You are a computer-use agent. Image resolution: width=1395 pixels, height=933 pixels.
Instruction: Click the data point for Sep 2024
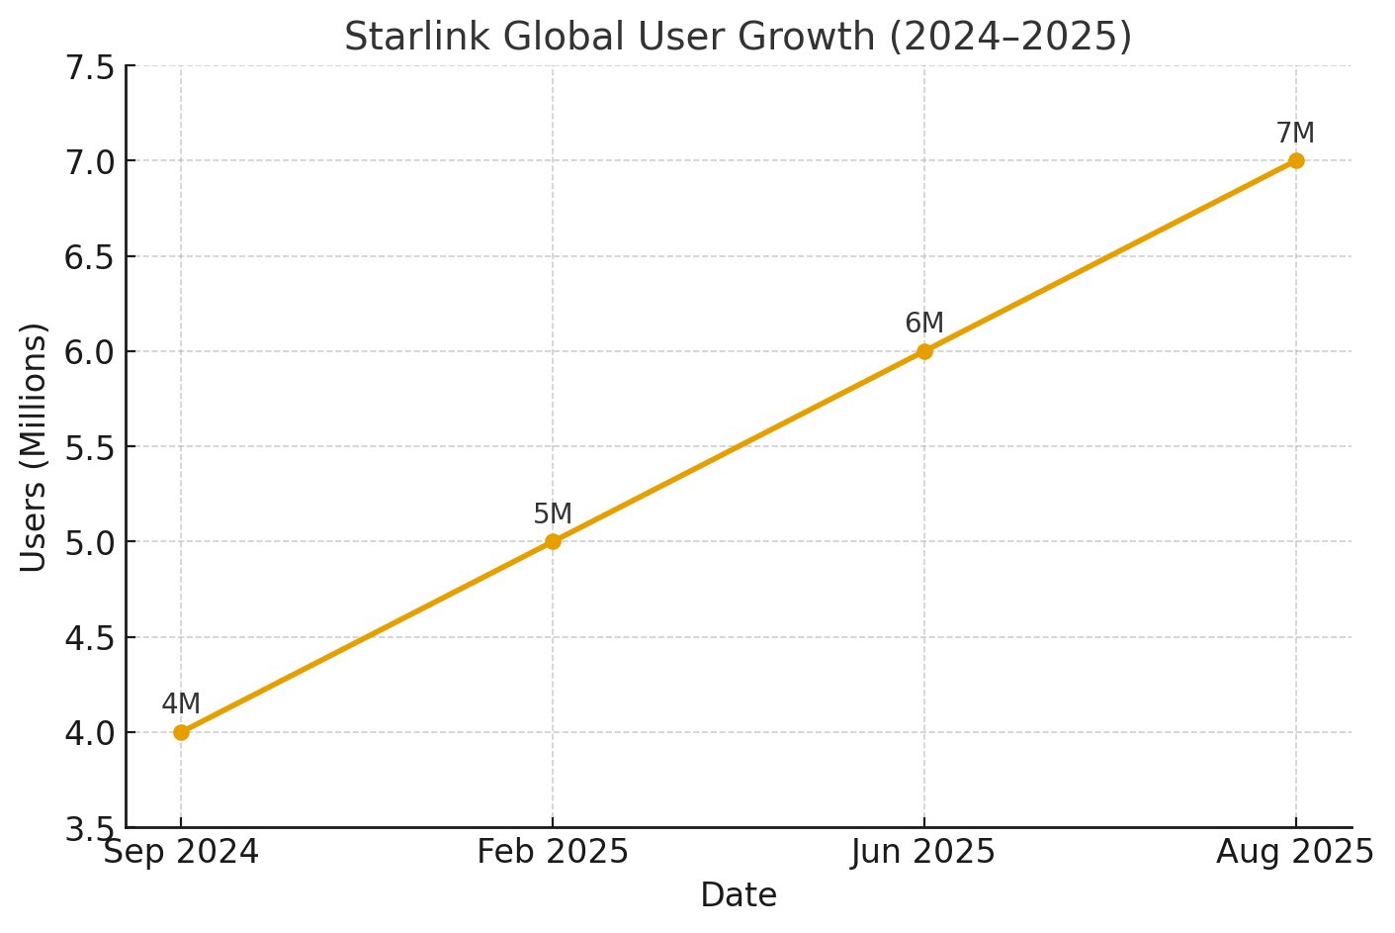(x=181, y=732)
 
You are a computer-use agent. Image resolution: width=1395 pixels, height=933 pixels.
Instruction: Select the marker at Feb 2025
(x=553, y=541)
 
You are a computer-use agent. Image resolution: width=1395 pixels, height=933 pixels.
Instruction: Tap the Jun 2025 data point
(x=924, y=351)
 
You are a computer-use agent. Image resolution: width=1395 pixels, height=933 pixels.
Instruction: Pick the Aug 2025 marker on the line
(x=1296, y=160)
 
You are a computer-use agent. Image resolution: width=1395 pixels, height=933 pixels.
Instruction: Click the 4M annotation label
(x=181, y=704)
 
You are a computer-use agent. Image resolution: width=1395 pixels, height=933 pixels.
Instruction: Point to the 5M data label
(x=553, y=514)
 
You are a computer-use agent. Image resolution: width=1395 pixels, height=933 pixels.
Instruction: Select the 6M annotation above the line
(x=924, y=324)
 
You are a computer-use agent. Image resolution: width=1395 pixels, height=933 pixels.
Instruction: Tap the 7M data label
(x=1295, y=134)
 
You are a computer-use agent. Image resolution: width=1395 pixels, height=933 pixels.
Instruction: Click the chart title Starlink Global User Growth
(x=738, y=38)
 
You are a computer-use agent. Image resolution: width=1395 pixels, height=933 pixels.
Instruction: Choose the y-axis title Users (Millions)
(x=34, y=446)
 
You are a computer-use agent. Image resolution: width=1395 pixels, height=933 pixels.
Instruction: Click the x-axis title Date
(x=739, y=895)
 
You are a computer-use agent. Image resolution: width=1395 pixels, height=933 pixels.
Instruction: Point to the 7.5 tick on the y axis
(x=88, y=67)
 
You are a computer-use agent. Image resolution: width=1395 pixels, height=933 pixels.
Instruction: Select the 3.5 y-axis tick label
(x=88, y=829)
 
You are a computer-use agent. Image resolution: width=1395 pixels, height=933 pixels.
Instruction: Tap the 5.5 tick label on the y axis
(x=88, y=448)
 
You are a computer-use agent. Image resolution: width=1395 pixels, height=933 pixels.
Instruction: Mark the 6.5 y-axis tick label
(x=88, y=257)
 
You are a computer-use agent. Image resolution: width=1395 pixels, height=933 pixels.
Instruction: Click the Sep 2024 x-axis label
(x=181, y=852)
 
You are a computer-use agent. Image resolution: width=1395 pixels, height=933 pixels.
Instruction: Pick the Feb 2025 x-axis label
(x=553, y=852)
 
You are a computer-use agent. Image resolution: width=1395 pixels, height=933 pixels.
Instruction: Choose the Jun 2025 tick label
(x=923, y=852)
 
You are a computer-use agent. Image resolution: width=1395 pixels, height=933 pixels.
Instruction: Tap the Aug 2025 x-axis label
(x=1295, y=852)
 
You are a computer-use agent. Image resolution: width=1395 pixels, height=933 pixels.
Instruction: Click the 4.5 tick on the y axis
(x=88, y=638)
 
